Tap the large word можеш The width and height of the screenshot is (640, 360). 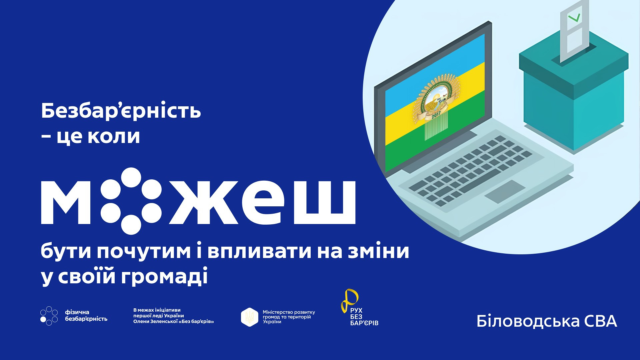(198, 201)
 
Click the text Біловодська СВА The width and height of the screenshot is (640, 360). (547, 321)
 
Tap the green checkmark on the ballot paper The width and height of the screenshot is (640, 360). (574, 17)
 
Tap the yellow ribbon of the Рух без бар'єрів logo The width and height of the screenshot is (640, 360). (349, 300)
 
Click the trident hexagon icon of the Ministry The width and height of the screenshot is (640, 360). (250, 317)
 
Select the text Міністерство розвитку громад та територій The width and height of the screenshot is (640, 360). (289, 315)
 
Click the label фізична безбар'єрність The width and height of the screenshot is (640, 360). (86, 316)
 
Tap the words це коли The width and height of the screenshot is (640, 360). (98, 137)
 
